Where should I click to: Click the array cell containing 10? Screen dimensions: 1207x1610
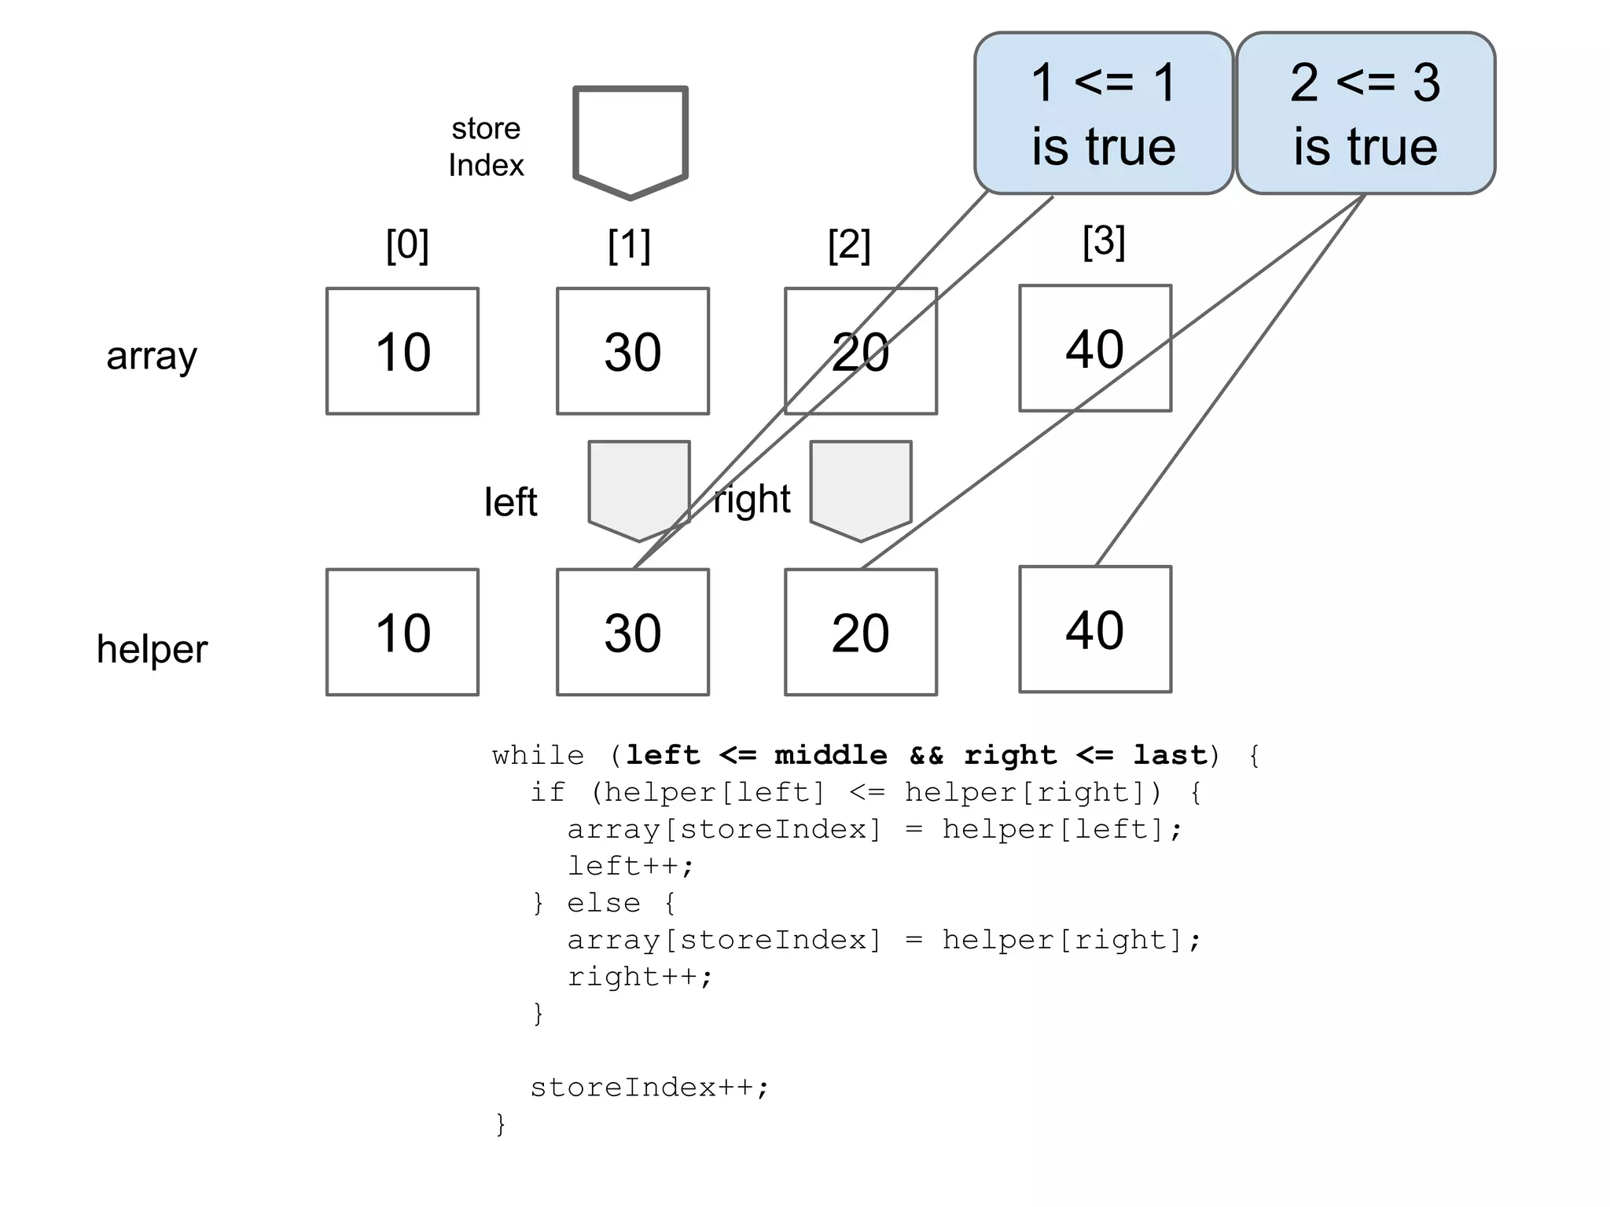tap(402, 351)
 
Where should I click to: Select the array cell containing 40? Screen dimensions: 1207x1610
tap(1095, 348)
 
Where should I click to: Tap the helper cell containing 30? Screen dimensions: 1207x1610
tap(633, 633)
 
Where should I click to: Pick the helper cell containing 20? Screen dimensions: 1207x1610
tap(861, 633)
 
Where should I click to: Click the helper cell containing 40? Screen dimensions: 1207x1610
tap(1095, 629)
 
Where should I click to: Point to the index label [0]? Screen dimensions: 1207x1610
tap(407, 245)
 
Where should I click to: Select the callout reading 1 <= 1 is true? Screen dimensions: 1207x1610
tap(1104, 114)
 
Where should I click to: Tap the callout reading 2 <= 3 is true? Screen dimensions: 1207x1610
tap(1366, 114)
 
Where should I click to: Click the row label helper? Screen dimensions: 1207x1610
tap(152, 650)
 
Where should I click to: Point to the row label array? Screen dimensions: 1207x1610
tap(152, 356)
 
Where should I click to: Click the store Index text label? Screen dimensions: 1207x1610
tap(486, 147)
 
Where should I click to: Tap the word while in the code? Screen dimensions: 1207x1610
tap(539, 756)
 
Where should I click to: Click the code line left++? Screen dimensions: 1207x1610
tap(631, 866)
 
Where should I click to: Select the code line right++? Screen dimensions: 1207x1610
tap(640, 977)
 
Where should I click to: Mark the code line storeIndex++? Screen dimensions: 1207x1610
tap(649, 1088)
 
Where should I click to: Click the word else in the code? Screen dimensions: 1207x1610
tap(604, 904)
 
